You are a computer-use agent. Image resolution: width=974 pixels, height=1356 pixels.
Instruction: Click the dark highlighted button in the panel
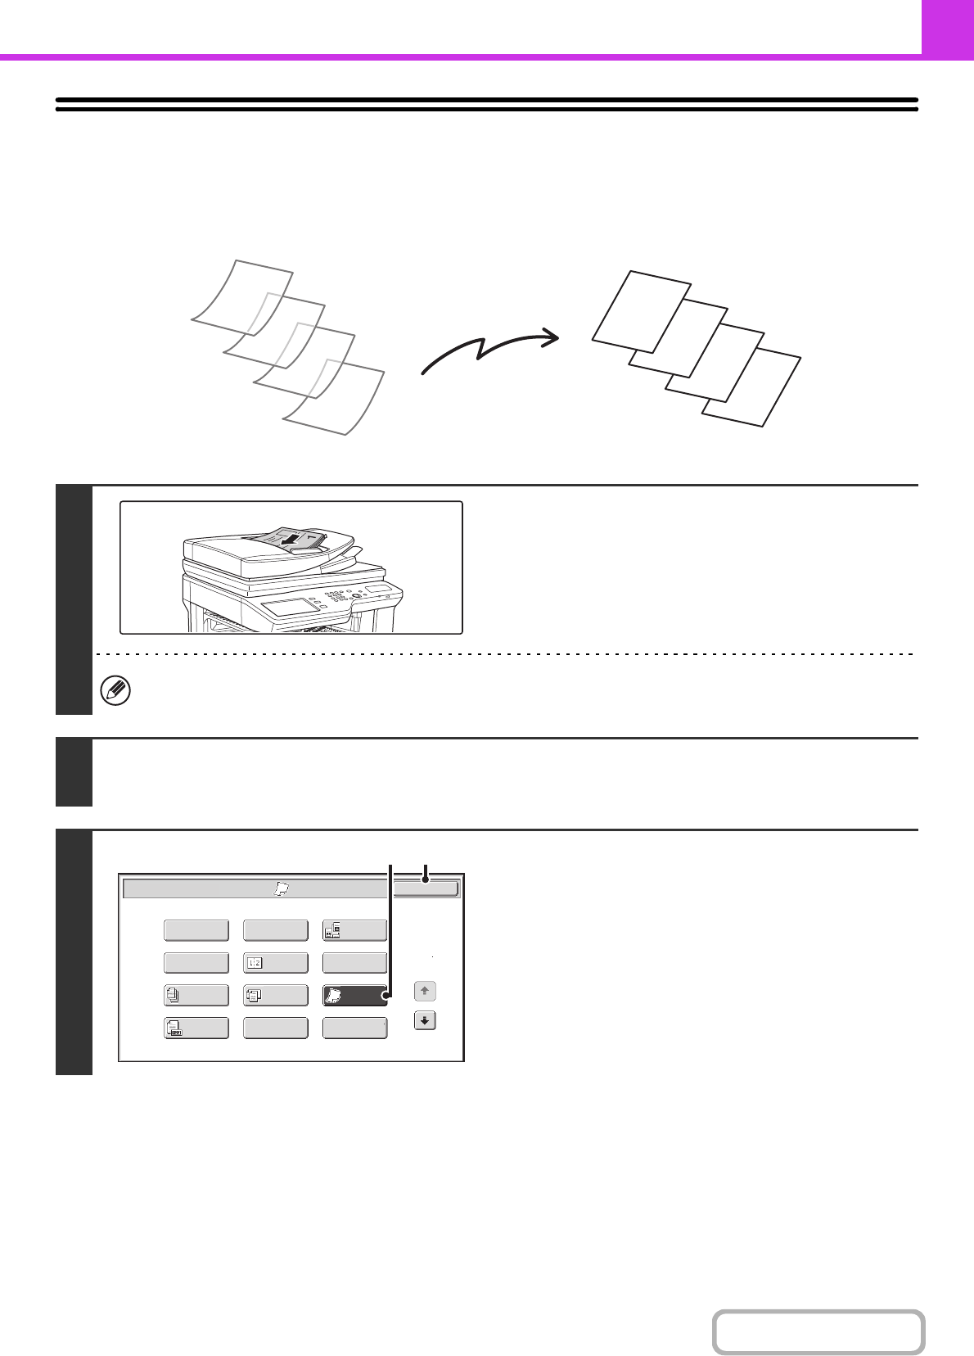(x=354, y=995)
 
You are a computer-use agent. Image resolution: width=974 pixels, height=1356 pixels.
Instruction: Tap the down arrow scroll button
(x=425, y=1021)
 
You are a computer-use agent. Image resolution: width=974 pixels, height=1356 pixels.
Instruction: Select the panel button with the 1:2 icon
(x=276, y=963)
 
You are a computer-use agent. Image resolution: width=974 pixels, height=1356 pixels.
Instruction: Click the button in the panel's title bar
(x=426, y=888)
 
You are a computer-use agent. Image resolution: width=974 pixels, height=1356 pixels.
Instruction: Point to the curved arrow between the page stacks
(x=489, y=351)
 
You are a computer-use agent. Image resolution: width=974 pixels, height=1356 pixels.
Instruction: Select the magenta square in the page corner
(x=947, y=27)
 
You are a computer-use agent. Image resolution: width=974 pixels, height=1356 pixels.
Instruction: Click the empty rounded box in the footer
(x=818, y=1332)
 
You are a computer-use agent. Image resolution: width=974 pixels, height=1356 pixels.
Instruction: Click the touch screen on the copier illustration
(x=289, y=607)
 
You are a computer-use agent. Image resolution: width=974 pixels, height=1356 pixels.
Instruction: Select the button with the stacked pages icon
(x=196, y=995)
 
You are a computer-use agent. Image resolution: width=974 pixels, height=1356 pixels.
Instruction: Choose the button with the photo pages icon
(x=354, y=930)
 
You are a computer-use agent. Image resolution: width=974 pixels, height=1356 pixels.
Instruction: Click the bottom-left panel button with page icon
(x=196, y=1028)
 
